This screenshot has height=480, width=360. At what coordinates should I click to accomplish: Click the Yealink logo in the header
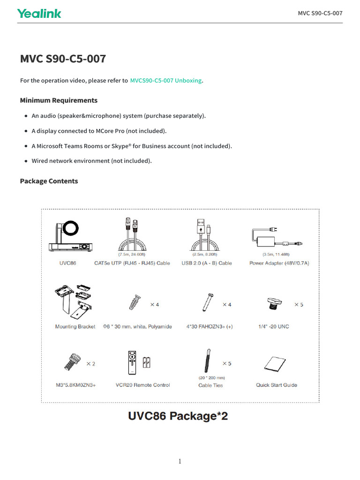pyautogui.click(x=39, y=14)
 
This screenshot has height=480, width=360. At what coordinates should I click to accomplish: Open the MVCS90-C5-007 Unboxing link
pyautogui.click(x=166, y=81)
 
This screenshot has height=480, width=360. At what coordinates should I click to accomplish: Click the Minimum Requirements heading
pyautogui.click(x=59, y=100)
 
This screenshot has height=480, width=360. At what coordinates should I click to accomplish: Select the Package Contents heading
pyautogui.click(x=49, y=181)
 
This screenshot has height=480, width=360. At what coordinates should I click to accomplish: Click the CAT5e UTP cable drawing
pyautogui.click(x=132, y=234)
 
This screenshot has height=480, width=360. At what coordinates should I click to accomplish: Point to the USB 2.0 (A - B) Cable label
pyautogui.click(x=207, y=263)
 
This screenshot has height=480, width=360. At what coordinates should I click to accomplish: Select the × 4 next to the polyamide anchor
pyautogui.click(x=154, y=305)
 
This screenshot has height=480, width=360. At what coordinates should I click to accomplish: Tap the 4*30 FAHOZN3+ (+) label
pyautogui.click(x=209, y=327)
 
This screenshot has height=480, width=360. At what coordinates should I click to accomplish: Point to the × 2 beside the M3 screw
pyautogui.click(x=90, y=364)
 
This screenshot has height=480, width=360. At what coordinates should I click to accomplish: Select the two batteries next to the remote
pyautogui.click(x=147, y=362)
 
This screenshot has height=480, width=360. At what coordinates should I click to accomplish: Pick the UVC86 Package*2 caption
pyautogui.click(x=178, y=416)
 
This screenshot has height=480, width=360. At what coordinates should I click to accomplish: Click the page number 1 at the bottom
pyautogui.click(x=180, y=462)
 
